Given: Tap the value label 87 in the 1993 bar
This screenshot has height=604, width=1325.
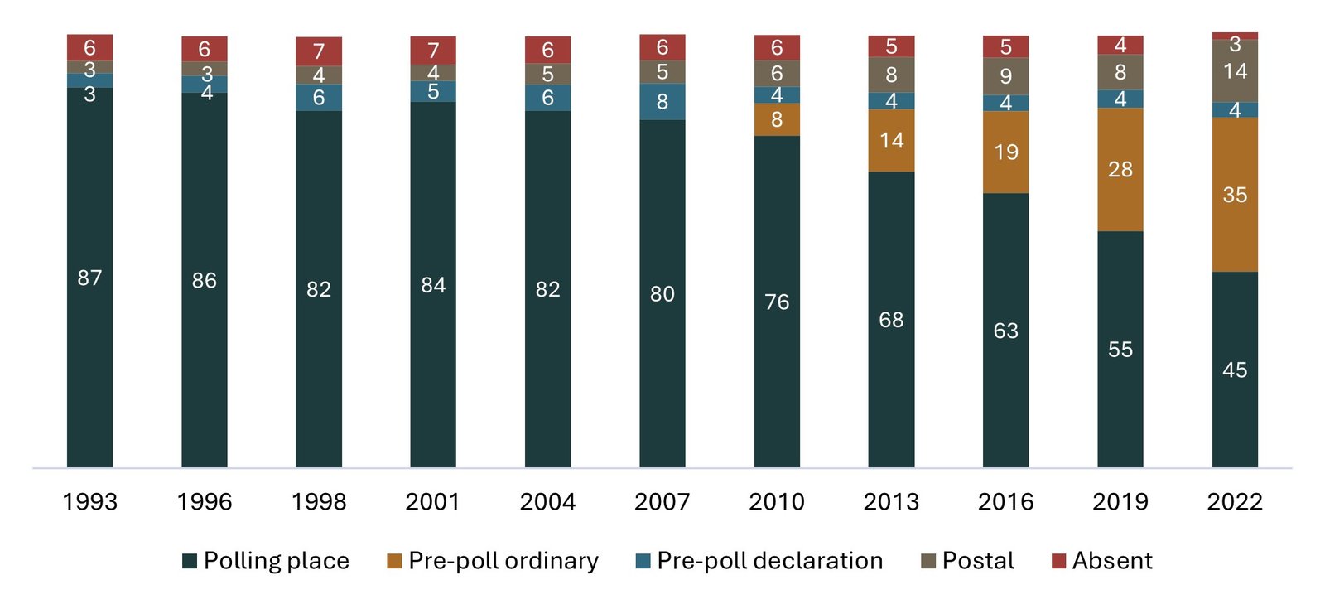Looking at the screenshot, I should click(x=89, y=278).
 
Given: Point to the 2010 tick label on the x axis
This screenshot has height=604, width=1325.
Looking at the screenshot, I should click(x=776, y=501).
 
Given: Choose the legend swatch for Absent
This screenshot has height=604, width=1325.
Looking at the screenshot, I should click(x=1058, y=561).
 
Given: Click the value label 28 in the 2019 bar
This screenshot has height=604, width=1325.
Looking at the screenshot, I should click(x=1120, y=169).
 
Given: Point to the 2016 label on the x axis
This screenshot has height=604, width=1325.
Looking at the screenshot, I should click(x=1005, y=501).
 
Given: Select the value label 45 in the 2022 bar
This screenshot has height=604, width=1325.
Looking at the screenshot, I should click(x=1234, y=370).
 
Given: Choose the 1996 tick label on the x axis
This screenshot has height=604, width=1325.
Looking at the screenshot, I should click(x=204, y=501).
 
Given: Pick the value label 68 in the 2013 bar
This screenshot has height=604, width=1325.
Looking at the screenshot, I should click(x=891, y=320).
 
